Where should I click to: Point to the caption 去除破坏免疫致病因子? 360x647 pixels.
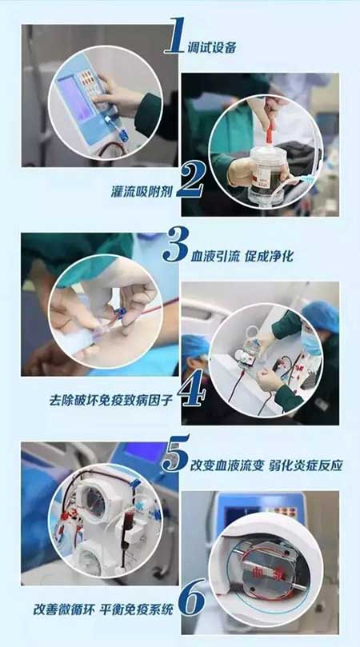click(106, 397)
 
